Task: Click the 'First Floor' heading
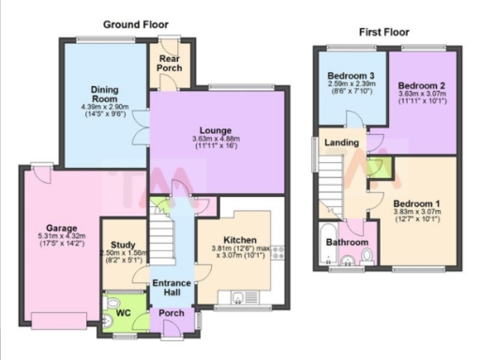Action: [383, 32]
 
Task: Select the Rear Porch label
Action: [169, 62]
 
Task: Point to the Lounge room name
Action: [215, 130]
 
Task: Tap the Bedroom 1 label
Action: [415, 202]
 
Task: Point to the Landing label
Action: [337, 142]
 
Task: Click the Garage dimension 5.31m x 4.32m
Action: [61, 239]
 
